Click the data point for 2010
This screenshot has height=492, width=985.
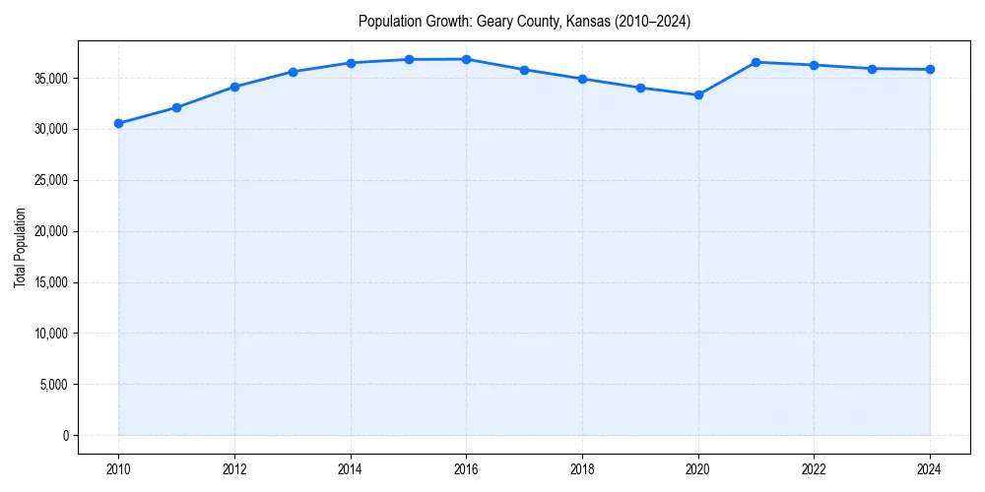coord(118,123)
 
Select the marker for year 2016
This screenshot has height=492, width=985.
coord(466,59)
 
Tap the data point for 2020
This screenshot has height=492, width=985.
coord(698,95)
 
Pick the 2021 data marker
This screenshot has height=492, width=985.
coord(755,62)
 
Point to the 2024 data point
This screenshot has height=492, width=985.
coord(930,69)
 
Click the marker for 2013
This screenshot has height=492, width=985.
coord(293,72)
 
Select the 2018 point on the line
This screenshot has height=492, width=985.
coord(582,79)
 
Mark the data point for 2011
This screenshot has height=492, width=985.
coord(176,107)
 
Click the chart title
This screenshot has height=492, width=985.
coord(524,21)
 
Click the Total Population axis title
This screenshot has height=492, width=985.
coord(20,247)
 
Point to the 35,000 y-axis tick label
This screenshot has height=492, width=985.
coord(50,78)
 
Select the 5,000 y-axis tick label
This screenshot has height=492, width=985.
coord(53,385)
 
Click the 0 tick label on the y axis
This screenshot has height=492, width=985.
coord(66,435)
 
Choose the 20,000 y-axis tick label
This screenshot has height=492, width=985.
coord(50,231)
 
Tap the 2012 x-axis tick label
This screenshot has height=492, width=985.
coord(234,469)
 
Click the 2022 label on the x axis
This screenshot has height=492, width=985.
coord(814,469)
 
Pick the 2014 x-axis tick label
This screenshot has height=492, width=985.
coord(351,469)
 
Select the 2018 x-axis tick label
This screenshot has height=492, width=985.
coord(582,469)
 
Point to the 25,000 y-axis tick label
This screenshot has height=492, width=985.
coord(50,180)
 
